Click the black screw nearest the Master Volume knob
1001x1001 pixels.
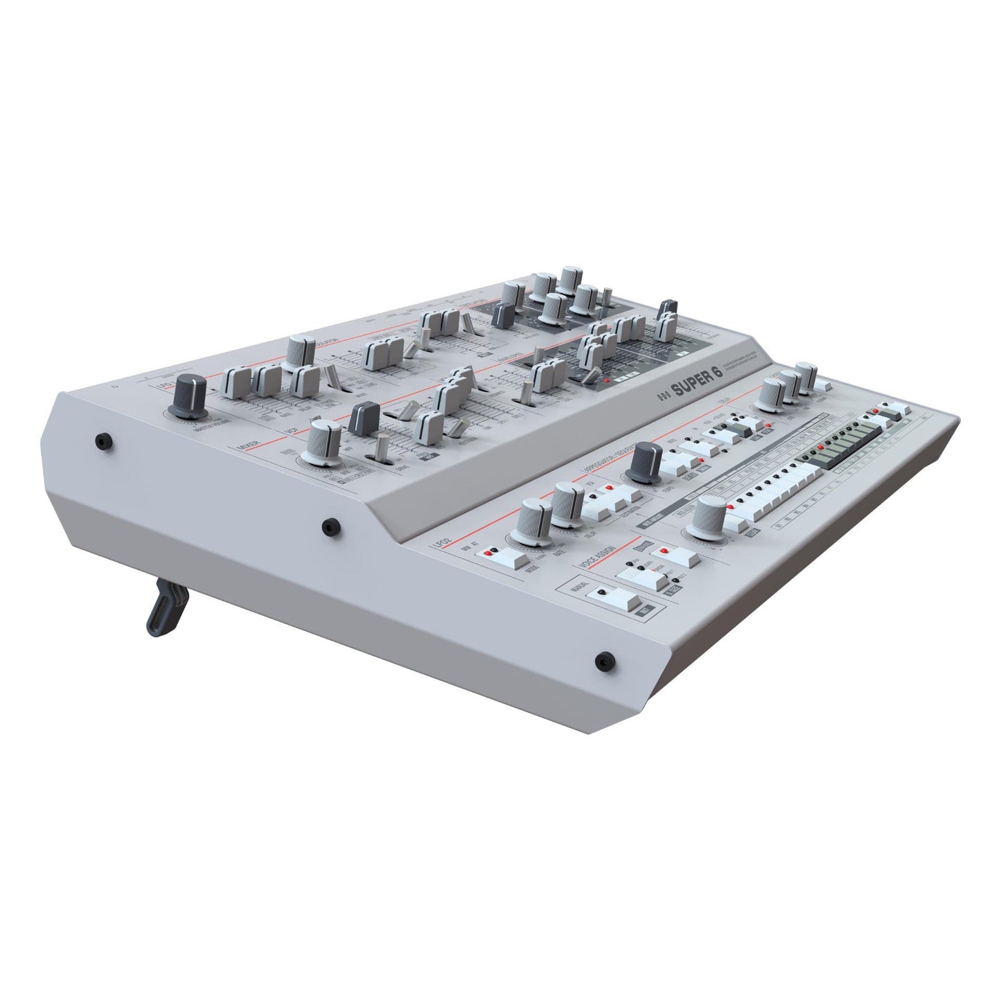click(104, 440)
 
